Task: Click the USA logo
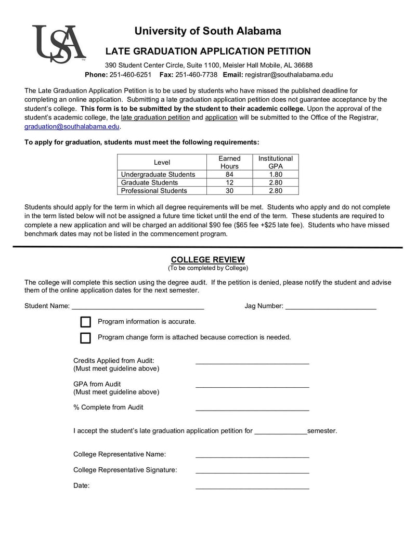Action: click(59, 44)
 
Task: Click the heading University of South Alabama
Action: click(207, 31)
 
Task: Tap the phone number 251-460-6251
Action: click(131, 74)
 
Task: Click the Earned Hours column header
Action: click(229, 162)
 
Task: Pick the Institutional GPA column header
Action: click(275, 162)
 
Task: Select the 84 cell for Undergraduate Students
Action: click(229, 175)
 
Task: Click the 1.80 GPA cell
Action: click(275, 175)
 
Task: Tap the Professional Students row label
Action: click(154, 191)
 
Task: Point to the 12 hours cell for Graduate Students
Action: click(229, 182)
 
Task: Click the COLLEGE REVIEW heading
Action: click(207, 260)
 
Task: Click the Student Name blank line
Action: click(138, 307)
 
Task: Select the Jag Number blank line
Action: click(331, 307)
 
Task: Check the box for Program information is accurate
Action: click(86, 322)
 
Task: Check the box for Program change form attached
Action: click(86, 338)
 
